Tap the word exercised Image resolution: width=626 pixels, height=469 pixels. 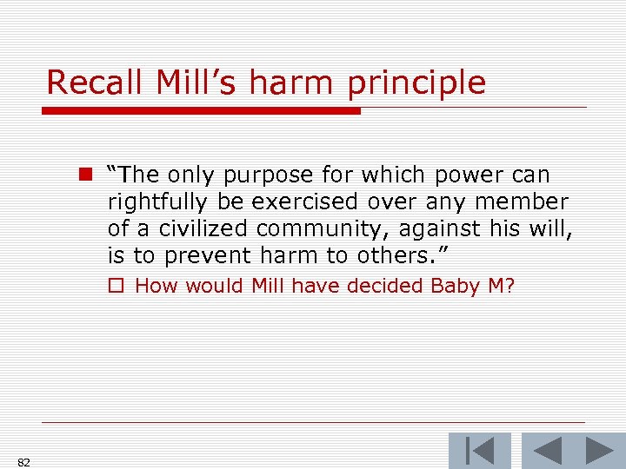303,201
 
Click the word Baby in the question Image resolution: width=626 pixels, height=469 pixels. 452,286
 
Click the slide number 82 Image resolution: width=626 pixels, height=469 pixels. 23,462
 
